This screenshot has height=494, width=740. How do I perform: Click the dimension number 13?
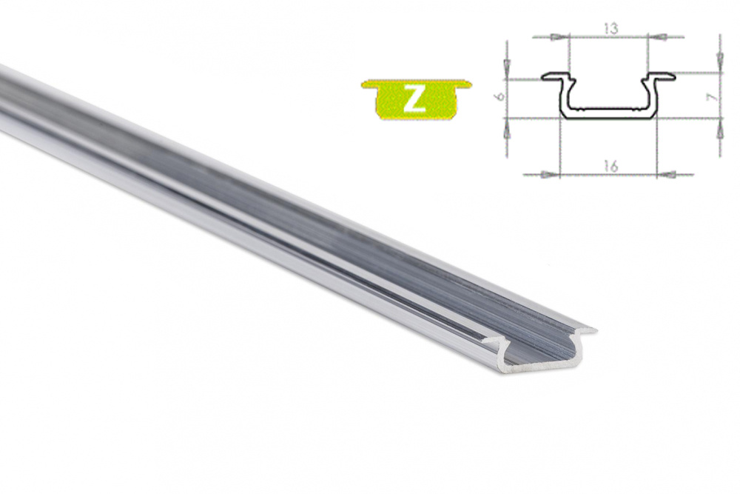[x=610, y=28]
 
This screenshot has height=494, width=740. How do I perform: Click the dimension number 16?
[x=610, y=166]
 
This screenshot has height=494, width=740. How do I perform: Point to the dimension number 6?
[x=501, y=96]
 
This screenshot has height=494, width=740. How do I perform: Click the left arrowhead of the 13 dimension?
[x=559, y=36]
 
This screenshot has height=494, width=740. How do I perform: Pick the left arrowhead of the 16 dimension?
[x=550, y=175]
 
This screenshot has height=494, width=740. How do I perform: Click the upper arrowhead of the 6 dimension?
[x=508, y=69]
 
